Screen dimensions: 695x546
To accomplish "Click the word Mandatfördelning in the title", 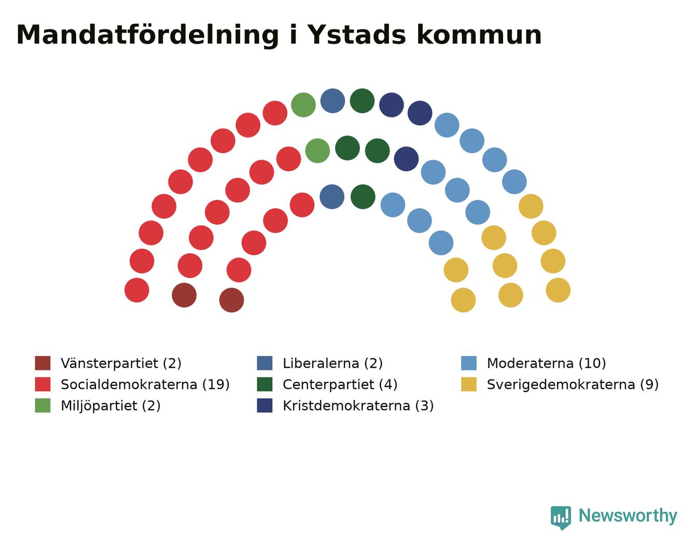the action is click(147, 35).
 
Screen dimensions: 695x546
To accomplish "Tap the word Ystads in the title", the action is click(357, 35).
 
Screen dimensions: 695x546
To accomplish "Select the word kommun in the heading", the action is click(479, 35).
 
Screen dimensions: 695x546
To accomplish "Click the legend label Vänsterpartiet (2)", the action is click(121, 363).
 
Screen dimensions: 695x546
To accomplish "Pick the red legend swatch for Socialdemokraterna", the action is click(43, 385).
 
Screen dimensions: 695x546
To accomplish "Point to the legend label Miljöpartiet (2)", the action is click(110, 405).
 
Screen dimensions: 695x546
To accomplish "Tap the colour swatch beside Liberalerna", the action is click(265, 363).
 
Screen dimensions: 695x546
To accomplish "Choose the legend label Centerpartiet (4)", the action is click(340, 385).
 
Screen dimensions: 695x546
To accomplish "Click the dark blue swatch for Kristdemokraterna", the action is click(265, 405).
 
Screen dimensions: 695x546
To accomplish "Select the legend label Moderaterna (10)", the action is click(546, 363).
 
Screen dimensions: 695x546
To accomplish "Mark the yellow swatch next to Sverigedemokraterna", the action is click(468, 385).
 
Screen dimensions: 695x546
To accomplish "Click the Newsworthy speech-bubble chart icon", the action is click(561, 518).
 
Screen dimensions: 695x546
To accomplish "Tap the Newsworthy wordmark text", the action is click(628, 516).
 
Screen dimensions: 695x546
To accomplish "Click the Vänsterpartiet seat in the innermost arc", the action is click(231, 300).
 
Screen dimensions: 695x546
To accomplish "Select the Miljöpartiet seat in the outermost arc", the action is click(303, 105).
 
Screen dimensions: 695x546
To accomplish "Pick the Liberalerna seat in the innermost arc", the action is click(332, 197).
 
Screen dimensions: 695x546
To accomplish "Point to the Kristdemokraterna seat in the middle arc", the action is click(406, 159).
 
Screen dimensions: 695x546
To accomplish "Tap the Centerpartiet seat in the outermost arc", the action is click(362, 101).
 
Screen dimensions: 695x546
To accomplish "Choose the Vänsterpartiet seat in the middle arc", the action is click(184, 295).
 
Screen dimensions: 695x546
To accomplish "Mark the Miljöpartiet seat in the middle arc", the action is click(317, 151).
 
